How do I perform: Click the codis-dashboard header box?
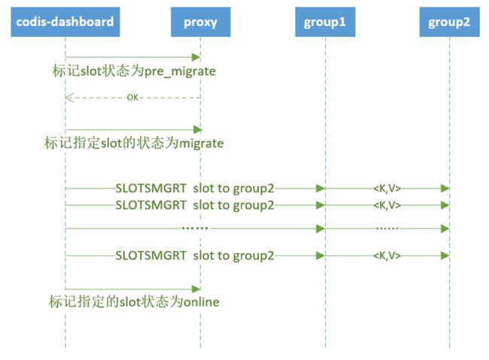[65, 22]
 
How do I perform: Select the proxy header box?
[201, 22]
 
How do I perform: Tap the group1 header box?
[325, 22]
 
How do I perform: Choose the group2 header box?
[449, 22]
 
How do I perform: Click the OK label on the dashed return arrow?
[132, 98]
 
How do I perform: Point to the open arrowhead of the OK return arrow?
[69, 98]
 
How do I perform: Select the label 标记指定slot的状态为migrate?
[134, 143]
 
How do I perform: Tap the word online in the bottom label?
[201, 301]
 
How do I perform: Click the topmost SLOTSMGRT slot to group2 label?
[195, 188]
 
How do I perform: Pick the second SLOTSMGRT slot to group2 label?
[195, 205]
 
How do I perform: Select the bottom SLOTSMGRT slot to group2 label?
[195, 256]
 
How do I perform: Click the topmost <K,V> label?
[387, 188]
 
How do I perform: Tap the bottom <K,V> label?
[387, 256]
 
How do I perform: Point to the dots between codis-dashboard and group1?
[195, 228]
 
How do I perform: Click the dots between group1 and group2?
[387, 228]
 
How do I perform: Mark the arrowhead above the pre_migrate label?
[196, 57]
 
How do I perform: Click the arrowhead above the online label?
[196, 289]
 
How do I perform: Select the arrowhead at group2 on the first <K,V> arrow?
[445, 188]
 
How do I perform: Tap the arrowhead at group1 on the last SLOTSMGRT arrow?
[320, 256]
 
